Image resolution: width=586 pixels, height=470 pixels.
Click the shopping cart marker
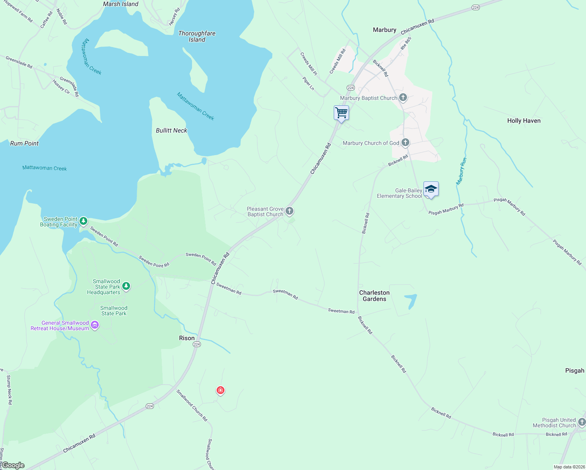click(341, 113)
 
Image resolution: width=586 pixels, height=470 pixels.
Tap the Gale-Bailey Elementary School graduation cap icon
click(431, 189)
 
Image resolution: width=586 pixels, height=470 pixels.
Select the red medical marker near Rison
click(221, 390)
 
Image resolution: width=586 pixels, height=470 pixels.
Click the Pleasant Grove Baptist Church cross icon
click(289, 211)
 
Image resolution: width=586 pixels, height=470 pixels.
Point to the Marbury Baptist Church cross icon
click(403, 98)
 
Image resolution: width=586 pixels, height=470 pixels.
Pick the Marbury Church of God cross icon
click(405, 143)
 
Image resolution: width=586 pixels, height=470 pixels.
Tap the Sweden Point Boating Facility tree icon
click(83, 221)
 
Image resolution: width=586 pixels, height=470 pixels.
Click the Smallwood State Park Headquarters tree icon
click(126, 286)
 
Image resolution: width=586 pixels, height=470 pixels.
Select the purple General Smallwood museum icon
click(94, 325)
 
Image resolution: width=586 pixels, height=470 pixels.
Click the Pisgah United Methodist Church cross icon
click(582, 422)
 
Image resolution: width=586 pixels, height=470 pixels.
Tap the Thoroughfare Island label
click(197, 36)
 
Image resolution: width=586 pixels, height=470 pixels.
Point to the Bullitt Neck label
click(172, 130)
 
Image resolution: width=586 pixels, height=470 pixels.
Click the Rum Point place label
click(24, 143)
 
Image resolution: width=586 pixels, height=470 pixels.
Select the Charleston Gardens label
click(374, 296)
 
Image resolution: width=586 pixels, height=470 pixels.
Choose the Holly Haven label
click(524, 121)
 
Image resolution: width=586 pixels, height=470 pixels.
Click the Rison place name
click(186, 338)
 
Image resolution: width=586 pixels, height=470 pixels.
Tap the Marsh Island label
click(121, 4)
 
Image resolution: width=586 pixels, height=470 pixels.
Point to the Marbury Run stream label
click(461, 171)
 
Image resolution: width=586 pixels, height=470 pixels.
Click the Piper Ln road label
click(308, 83)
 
